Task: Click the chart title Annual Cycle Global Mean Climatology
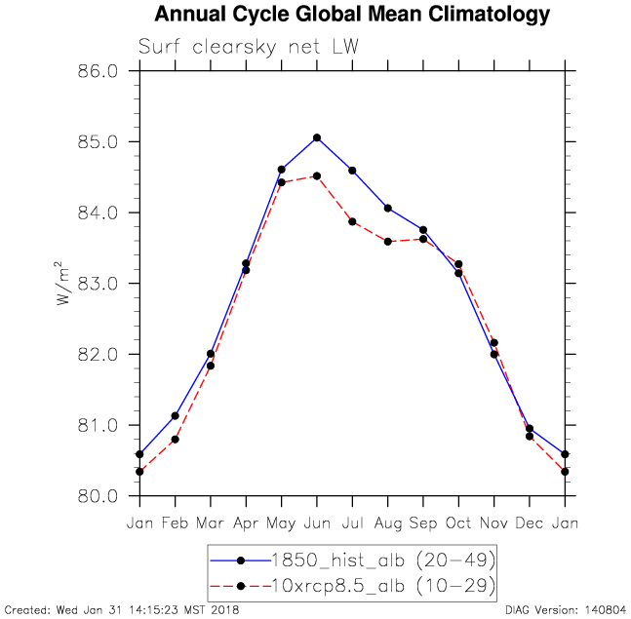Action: pyautogui.click(x=351, y=15)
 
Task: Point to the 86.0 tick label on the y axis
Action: pyautogui.click(x=99, y=71)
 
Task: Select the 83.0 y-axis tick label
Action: pyautogui.click(x=99, y=284)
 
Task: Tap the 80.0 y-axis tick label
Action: pyautogui.click(x=99, y=496)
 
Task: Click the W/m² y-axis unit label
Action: pyautogui.click(x=63, y=284)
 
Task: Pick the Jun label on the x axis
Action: pyautogui.click(x=317, y=522)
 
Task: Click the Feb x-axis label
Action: pyautogui.click(x=175, y=522)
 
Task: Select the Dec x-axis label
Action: pyautogui.click(x=530, y=522)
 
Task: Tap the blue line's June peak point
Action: pyautogui.click(x=317, y=137)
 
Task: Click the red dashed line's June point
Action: pyautogui.click(x=317, y=175)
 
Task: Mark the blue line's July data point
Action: pyautogui.click(x=352, y=171)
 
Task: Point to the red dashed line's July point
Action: pyautogui.click(x=352, y=221)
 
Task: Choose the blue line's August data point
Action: pyautogui.click(x=388, y=208)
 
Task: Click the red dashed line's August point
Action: pyautogui.click(x=388, y=241)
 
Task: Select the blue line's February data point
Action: pyautogui.click(x=175, y=416)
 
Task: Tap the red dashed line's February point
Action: pyautogui.click(x=175, y=440)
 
